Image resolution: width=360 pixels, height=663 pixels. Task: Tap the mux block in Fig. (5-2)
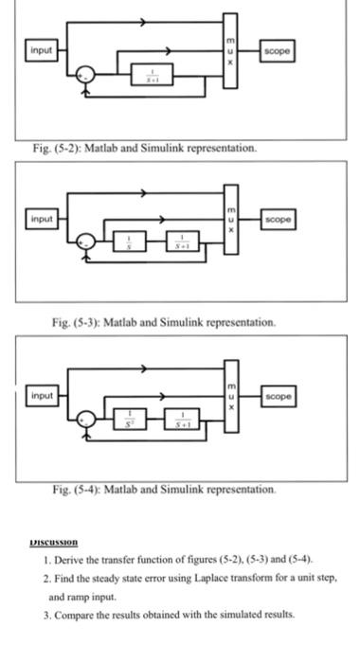(x=229, y=50)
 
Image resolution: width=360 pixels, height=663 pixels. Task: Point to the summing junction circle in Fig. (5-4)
(x=86, y=418)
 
